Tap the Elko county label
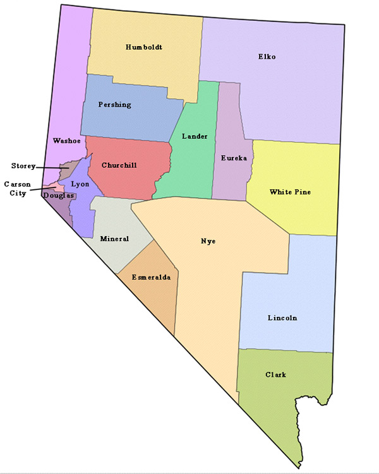click(x=267, y=57)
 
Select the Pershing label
click(x=115, y=105)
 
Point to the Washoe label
click(x=65, y=141)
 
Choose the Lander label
click(x=194, y=136)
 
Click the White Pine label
click(x=290, y=192)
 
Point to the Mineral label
click(x=114, y=239)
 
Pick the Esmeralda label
click(x=151, y=277)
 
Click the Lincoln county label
click(x=282, y=317)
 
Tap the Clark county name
click(x=275, y=374)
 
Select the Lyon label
click(x=80, y=184)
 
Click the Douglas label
click(x=59, y=196)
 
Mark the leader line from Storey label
click(x=49, y=167)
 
